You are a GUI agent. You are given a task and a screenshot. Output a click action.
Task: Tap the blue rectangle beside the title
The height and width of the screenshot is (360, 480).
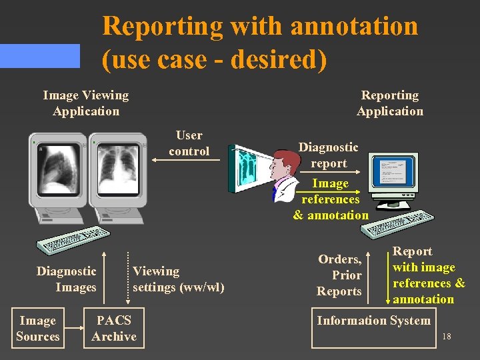[39, 56]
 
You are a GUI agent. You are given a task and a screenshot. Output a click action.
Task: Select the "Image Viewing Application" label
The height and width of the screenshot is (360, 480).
[86, 103]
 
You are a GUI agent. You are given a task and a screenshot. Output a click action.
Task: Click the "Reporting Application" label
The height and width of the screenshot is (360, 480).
[390, 103]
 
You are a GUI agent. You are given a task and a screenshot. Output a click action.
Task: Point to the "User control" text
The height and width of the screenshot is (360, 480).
[189, 143]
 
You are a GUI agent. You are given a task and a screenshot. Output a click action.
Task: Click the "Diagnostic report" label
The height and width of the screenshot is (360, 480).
[329, 155]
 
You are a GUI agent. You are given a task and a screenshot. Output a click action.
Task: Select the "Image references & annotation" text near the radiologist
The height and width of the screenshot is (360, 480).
[331, 199]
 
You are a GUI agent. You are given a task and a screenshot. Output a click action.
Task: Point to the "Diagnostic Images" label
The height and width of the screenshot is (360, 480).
[67, 279]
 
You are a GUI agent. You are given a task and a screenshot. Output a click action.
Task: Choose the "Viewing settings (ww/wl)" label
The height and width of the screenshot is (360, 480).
[178, 279]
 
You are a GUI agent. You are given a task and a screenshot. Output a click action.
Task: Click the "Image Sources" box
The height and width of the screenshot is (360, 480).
[37, 329]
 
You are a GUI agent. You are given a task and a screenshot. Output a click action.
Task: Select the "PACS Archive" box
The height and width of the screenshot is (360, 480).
[114, 329]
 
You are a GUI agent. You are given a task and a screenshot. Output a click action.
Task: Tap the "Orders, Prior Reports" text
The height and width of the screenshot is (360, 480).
[339, 275]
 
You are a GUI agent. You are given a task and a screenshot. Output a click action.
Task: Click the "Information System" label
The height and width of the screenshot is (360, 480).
[373, 321]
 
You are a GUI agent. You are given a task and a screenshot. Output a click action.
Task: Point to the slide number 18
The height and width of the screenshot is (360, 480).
[447, 337]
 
